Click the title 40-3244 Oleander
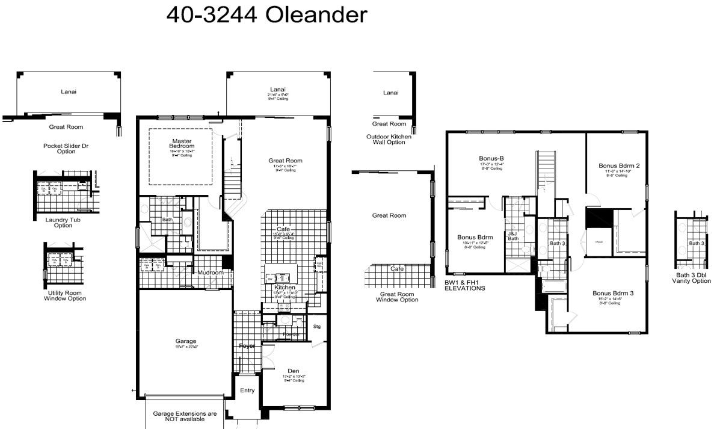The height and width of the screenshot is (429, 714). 266,16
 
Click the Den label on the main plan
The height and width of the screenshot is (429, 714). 294,371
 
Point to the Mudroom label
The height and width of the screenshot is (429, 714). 211,273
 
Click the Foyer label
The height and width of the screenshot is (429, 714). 247,346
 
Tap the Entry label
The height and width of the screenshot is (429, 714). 247,390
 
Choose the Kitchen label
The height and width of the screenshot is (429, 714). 285,288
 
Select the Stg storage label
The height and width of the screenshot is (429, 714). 317,327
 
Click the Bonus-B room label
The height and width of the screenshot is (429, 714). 491,159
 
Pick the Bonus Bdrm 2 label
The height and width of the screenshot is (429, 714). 618,165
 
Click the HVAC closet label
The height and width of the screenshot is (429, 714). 599,242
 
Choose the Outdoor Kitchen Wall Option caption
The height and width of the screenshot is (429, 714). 389,139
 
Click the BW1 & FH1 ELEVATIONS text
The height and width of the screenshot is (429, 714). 464,285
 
